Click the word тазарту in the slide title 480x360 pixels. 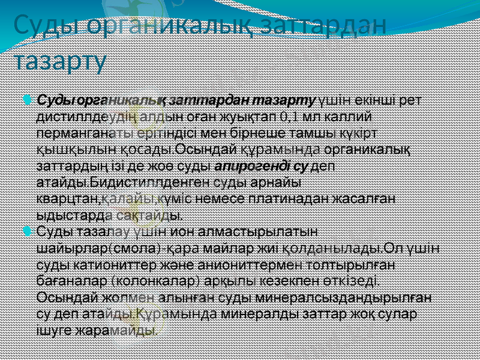coord(60,60)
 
